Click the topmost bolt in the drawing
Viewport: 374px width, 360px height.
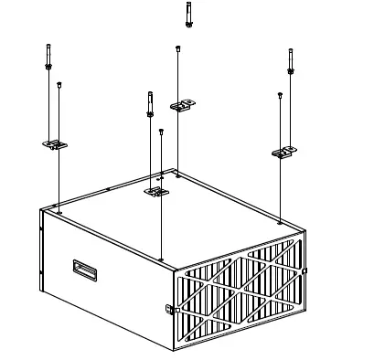coord(187,14)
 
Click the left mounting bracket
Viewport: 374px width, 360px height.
coord(54,143)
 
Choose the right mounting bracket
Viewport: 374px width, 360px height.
coord(285,151)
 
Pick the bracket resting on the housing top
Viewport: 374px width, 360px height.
coord(157,192)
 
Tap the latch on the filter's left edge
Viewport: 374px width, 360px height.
coord(169,308)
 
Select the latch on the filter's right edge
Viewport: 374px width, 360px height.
coord(305,271)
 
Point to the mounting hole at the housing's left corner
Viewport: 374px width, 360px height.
coord(59,212)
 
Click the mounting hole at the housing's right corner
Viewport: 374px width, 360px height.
coord(279,221)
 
